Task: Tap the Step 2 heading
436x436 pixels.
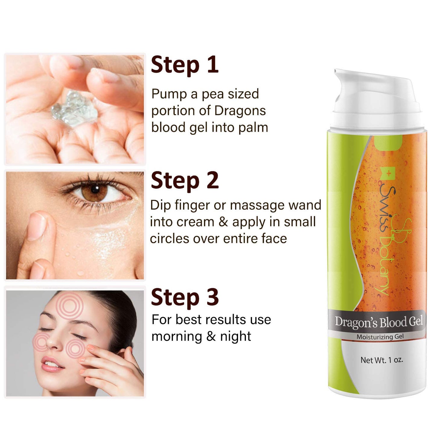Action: tap(185, 181)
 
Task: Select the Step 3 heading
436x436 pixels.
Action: tap(185, 297)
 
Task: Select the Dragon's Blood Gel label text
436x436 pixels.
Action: tap(379, 322)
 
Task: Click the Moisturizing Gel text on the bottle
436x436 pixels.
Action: tap(380, 337)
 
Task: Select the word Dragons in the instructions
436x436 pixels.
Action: tap(240, 111)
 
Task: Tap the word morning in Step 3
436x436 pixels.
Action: tap(177, 337)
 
